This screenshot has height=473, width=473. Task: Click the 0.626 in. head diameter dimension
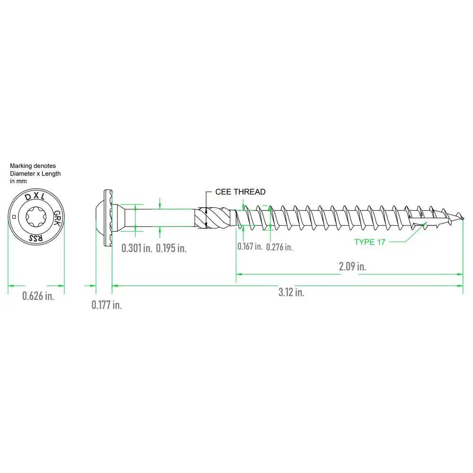click(x=38, y=296)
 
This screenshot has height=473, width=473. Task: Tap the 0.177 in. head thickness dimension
click(x=106, y=305)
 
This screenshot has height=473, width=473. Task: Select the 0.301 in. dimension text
click(x=137, y=248)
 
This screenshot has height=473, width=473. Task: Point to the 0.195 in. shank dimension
click(x=171, y=248)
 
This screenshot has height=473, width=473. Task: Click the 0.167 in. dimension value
click(x=250, y=246)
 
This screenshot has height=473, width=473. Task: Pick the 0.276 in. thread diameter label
click(x=280, y=247)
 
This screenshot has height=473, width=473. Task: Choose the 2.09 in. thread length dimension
click(x=352, y=266)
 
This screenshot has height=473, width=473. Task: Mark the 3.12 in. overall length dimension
click(x=291, y=292)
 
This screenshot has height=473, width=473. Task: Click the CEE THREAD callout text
click(x=240, y=192)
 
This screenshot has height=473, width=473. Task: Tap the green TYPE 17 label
click(x=370, y=242)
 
